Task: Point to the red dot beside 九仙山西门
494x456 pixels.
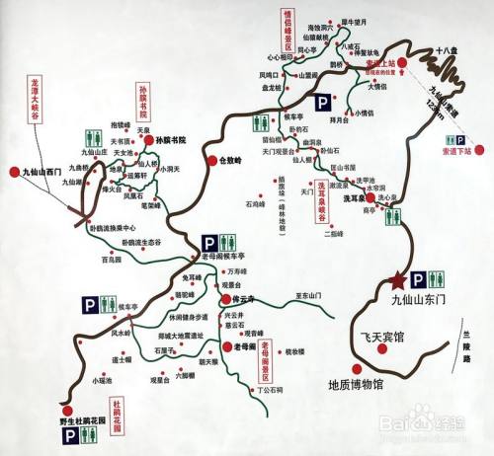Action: [14, 171]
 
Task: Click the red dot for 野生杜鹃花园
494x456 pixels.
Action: [66, 409]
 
